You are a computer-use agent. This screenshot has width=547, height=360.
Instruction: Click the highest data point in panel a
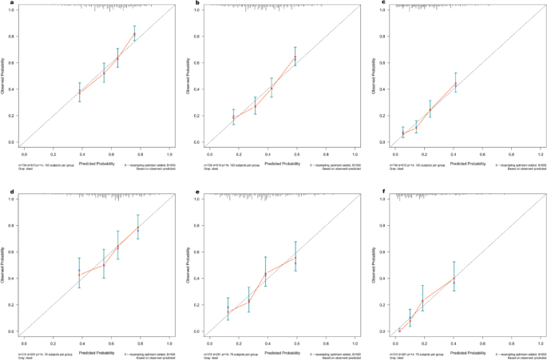point(134,35)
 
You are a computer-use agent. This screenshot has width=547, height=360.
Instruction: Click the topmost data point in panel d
point(137,228)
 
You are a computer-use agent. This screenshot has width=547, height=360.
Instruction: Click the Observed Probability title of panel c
point(376,76)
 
